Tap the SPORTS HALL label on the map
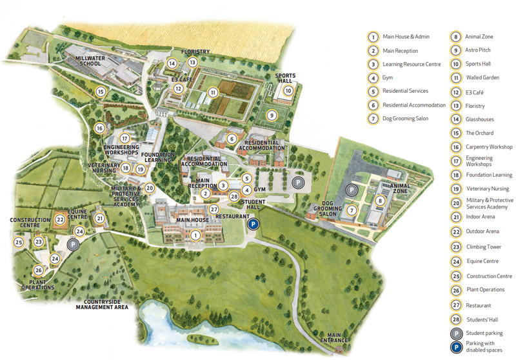click(284, 78)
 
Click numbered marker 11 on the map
click(212, 92)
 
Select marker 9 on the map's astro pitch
click(272, 115)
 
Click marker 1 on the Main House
click(194, 235)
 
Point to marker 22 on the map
click(59, 219)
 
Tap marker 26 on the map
click(39, 270)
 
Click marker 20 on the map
click(150, 188)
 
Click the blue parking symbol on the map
click(253, 224)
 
